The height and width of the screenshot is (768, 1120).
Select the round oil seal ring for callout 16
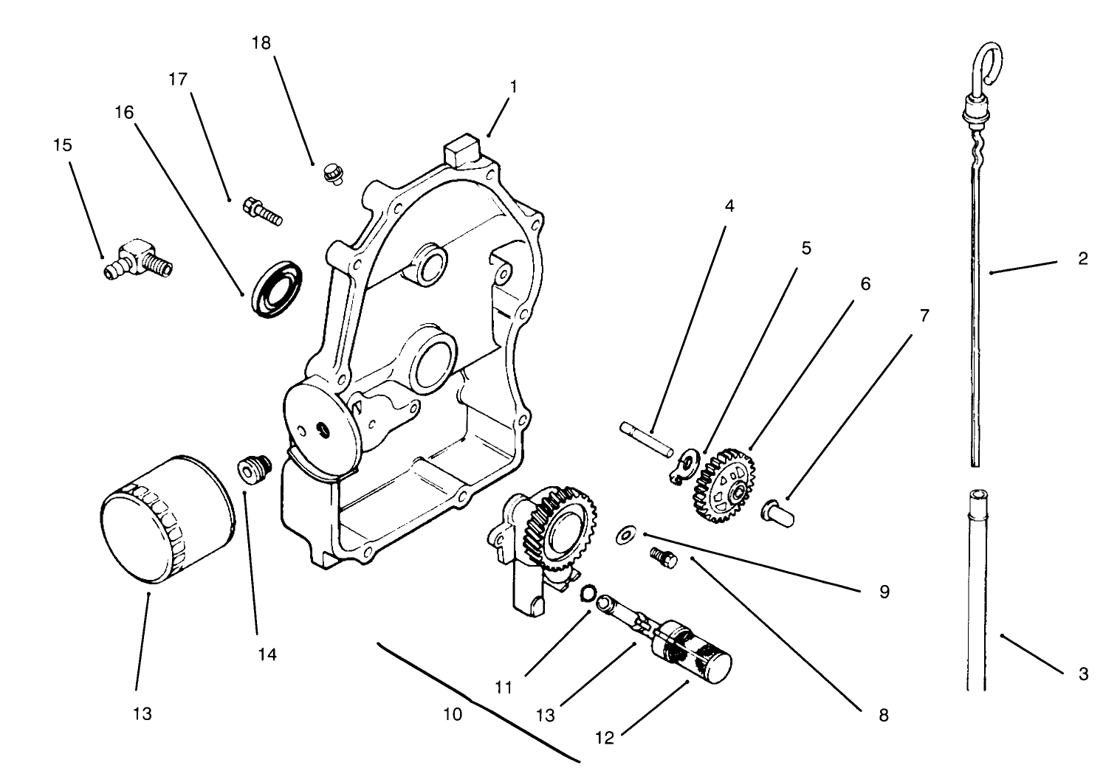(x=277, y=286)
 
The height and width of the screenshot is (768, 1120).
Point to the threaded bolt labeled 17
(x=261, y=210)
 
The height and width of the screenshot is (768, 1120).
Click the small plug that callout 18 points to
(x=334, y=175)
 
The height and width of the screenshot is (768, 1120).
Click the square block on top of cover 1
(x=461, y=151)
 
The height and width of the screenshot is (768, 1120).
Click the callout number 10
(x=453, y=714)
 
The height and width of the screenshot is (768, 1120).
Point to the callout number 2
(x=1082, y=259)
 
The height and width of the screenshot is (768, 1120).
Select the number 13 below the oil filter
(x=142, y=713)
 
